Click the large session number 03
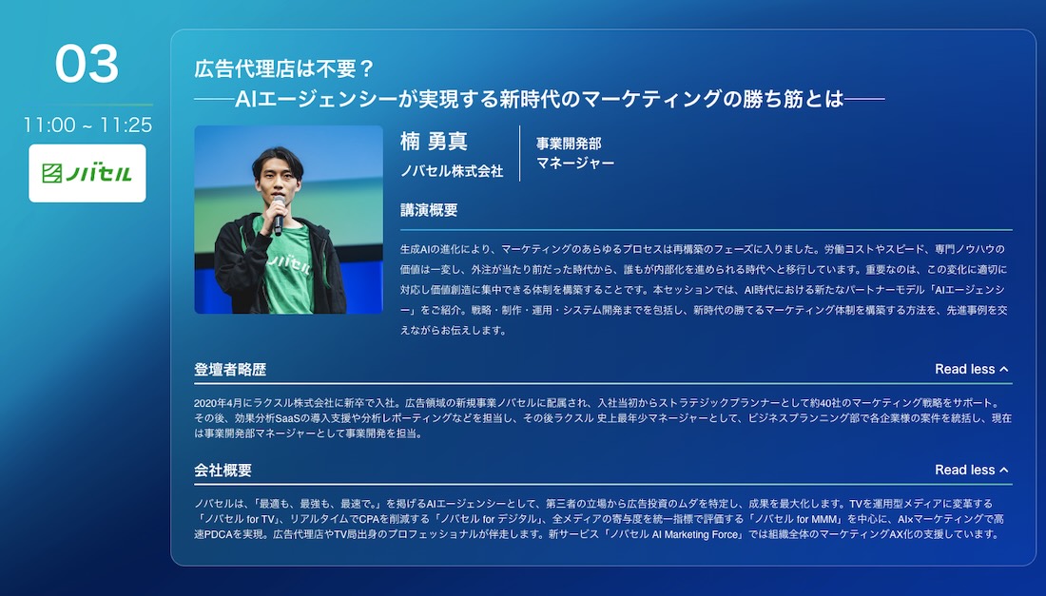(87, 64)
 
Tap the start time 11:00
(49, 125)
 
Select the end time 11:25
(126, 125)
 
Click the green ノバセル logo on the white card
(87, 173)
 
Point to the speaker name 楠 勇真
(434, 142)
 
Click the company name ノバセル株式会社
(452, 171)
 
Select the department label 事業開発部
(569, 144)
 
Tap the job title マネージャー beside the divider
(575, 163)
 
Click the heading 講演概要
(429, 210)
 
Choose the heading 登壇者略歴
(230, 370)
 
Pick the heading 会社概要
(223, 470)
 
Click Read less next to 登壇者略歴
(971, 370)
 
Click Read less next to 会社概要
(971, 470)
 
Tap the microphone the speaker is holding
(279, 215)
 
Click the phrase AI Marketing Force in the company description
(696, 534)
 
